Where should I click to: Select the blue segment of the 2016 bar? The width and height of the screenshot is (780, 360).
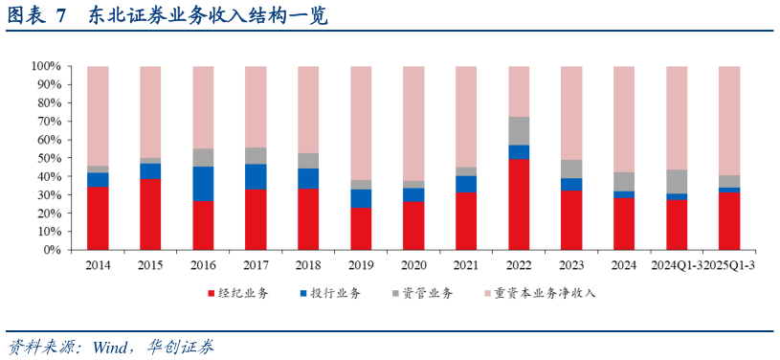[x=203, y=183]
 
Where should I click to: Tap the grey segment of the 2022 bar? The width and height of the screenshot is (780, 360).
[x=519, y=131]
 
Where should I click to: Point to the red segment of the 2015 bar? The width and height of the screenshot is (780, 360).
[x=150, y=214]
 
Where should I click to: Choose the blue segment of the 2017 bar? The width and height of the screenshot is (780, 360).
[x=256, y=176]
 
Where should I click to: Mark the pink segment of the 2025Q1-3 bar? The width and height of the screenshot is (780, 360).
[x=729, y=120]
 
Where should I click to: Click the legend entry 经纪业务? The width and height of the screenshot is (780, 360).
[x=236, y=293]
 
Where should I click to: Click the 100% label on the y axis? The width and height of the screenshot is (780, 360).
[x=45, y=66]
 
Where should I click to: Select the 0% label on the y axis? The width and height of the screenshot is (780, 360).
[x=51, y=250]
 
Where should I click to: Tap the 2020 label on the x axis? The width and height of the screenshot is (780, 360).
[x=413, y=264]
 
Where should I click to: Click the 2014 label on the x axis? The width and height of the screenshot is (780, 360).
[x=98, y=264]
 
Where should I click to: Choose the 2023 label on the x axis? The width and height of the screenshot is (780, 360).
[x=571, y=264]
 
